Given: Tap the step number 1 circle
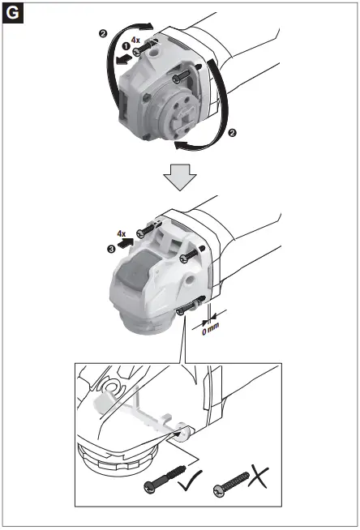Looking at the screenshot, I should [x=126, y=46].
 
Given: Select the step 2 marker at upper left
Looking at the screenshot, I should [x=102, y=33].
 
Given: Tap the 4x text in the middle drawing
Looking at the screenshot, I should [x=122, y=232].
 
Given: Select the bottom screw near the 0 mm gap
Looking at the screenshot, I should [x=188, y=307].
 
